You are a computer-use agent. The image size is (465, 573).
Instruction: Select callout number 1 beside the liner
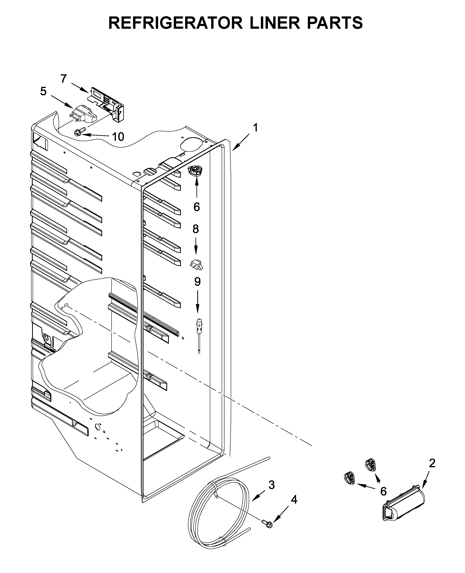click(x=256, y=128)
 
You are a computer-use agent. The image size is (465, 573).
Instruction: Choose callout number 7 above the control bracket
click(x=63, y=79)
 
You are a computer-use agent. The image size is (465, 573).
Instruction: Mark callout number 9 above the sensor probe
click(x=197, y=282)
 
